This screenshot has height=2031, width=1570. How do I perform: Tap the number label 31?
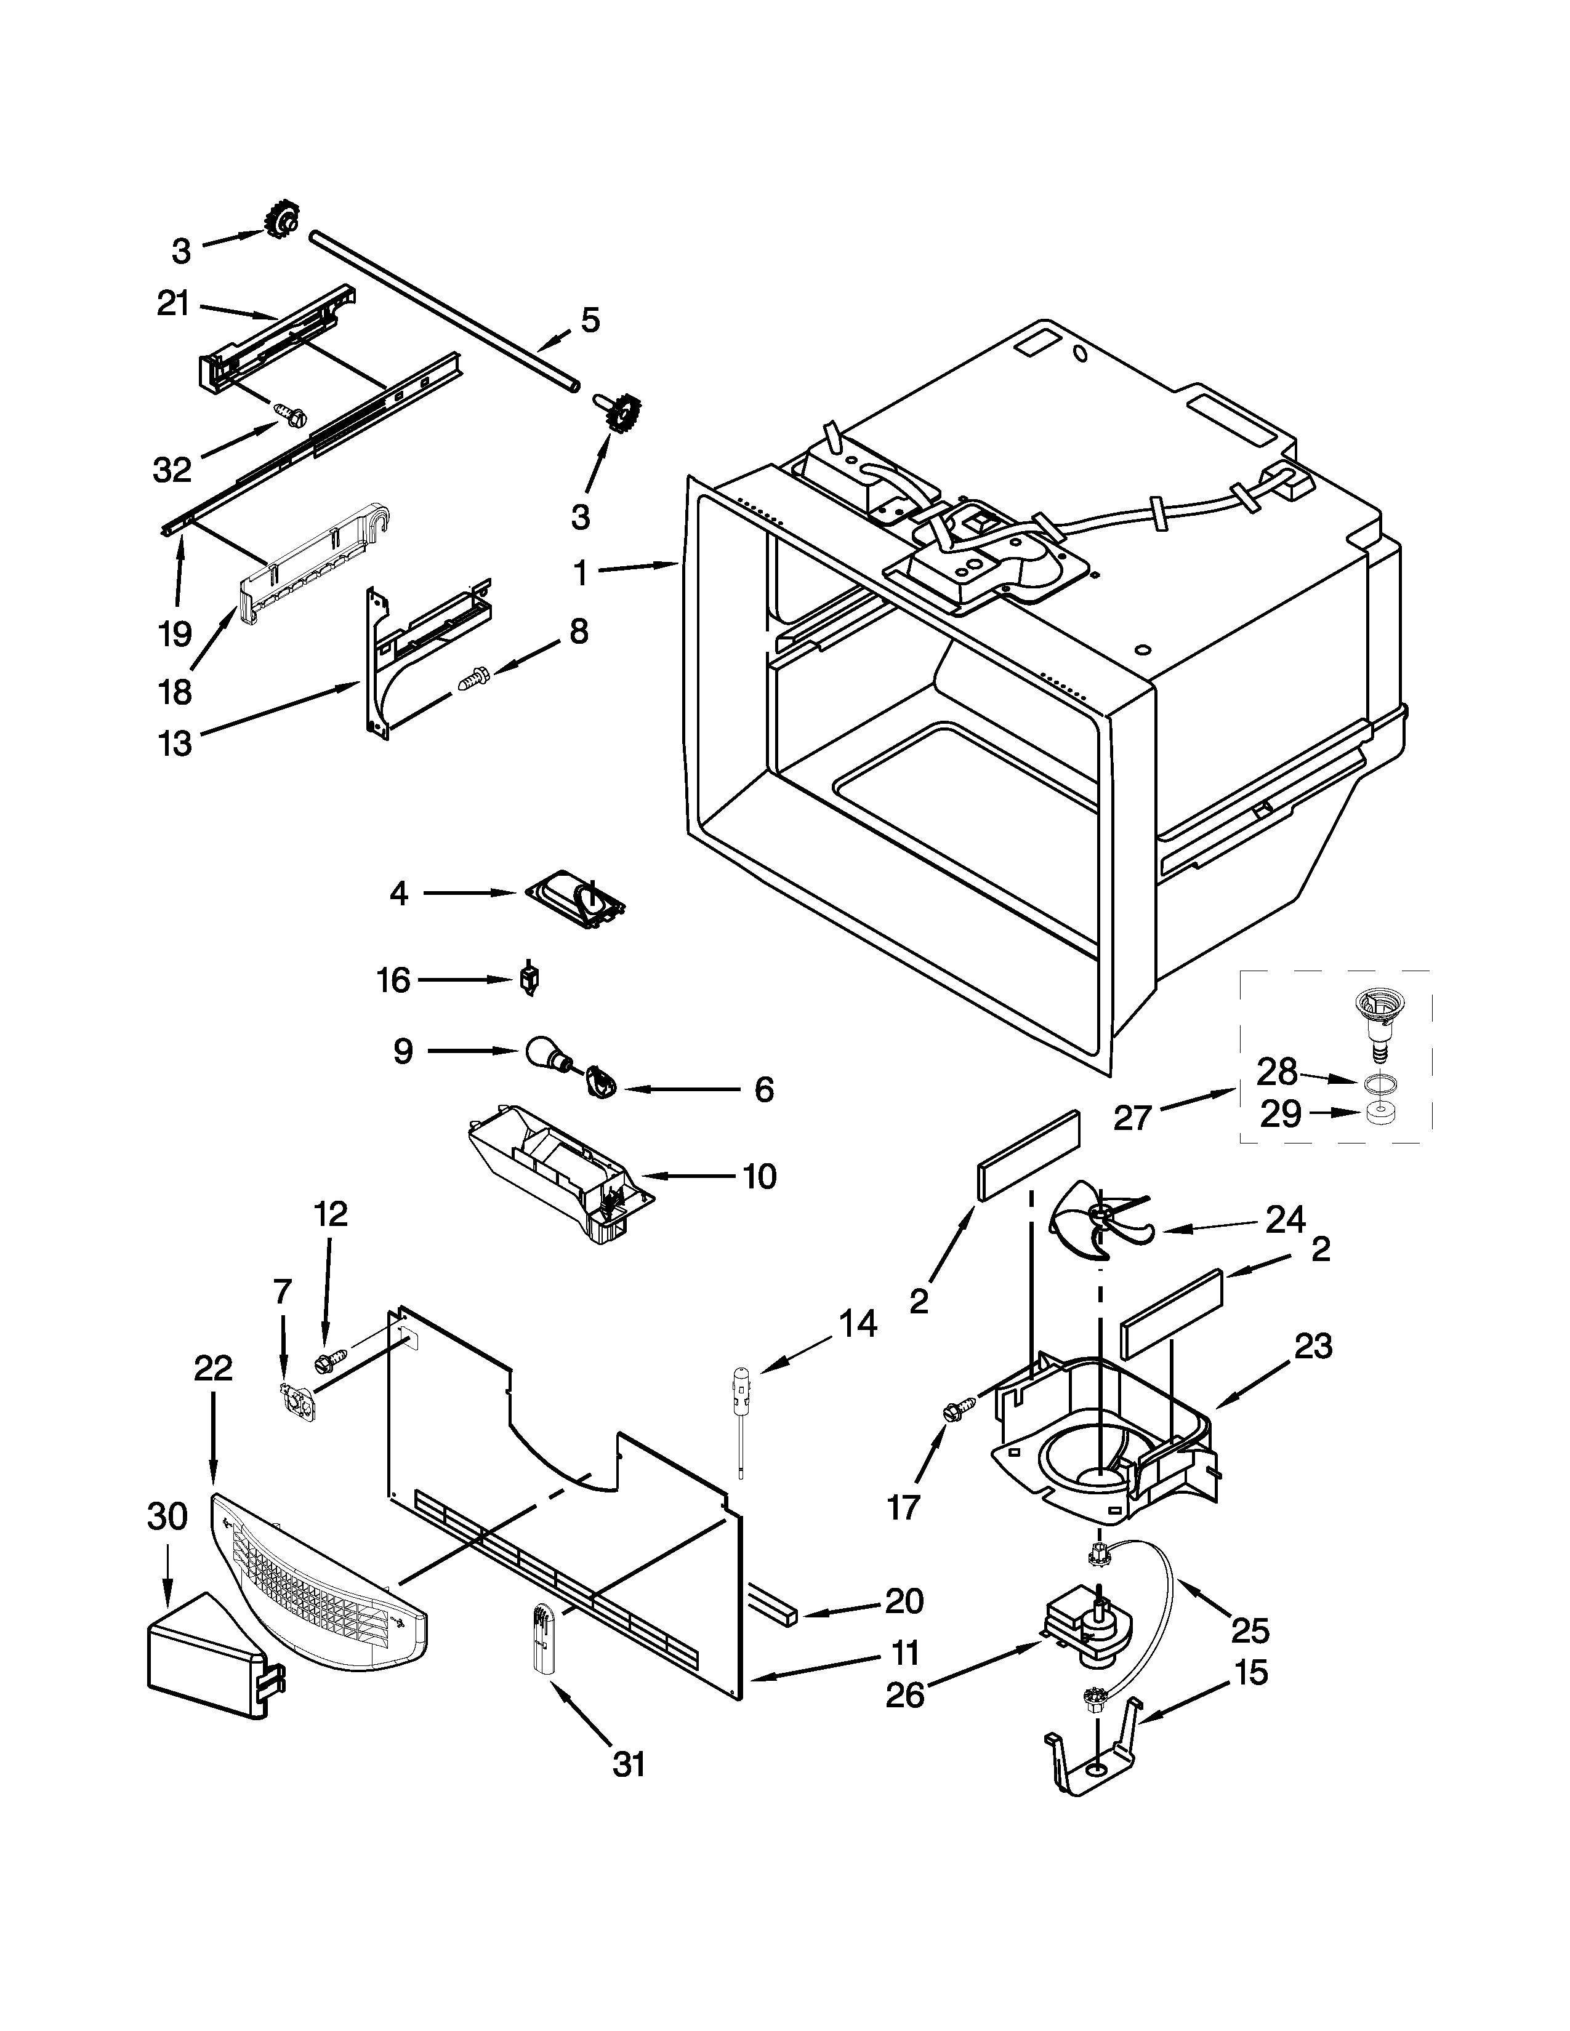(630, 1764)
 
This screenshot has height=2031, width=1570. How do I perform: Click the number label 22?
(213, 1368)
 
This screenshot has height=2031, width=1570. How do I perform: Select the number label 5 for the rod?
(590, 320)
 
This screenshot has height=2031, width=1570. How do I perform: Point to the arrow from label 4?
(470, 893)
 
